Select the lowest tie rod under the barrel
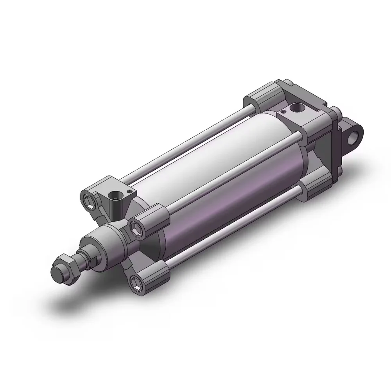pyautogui.click(x=235, y=227)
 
